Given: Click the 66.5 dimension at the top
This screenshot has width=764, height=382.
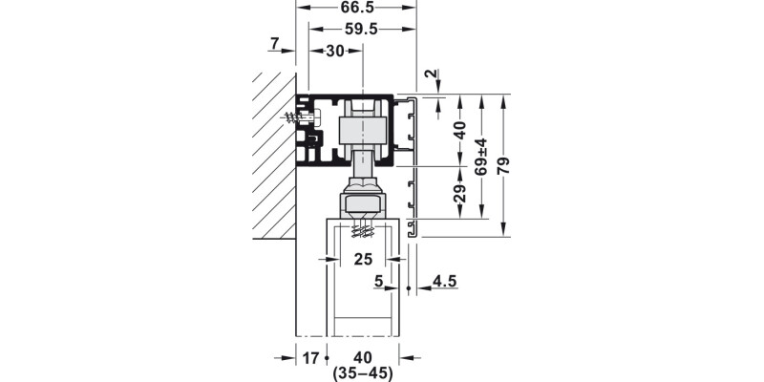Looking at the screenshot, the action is [x=358, y=8].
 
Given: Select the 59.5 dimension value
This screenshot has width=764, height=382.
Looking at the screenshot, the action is [x=362, y=30].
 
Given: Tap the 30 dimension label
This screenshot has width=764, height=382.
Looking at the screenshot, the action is [x=335, y=51].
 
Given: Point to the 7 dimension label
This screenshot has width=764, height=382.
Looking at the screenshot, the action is [x=275, y=44].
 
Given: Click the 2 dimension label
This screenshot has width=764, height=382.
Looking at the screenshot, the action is [x=429, y=74].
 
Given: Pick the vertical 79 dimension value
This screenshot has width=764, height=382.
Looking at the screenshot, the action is [x=503, y=165].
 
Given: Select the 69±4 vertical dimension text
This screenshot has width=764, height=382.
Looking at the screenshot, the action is [x=481, y=157].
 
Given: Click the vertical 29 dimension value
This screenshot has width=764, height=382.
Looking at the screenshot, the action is [x=460, y=193].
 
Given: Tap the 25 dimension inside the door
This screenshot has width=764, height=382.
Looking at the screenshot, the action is [x=363, y=259].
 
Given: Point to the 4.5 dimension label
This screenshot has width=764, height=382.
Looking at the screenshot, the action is [x=444, y=281].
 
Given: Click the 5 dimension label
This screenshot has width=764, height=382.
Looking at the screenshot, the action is [x=378, y=281].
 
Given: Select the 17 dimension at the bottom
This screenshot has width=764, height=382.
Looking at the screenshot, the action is [x=310, y=358].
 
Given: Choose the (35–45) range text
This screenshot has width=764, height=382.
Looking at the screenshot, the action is [x=363, y=373].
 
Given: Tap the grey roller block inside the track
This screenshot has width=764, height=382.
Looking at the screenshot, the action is [x=363, y=130].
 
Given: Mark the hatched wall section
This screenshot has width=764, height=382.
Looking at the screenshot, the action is [x=274, y=156].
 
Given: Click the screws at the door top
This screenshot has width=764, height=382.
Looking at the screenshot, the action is [x=363, y=229].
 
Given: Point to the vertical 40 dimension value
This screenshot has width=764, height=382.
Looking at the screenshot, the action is [x=460, y=131].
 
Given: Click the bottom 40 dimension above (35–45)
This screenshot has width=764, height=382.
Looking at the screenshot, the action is [x=363, y=358].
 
